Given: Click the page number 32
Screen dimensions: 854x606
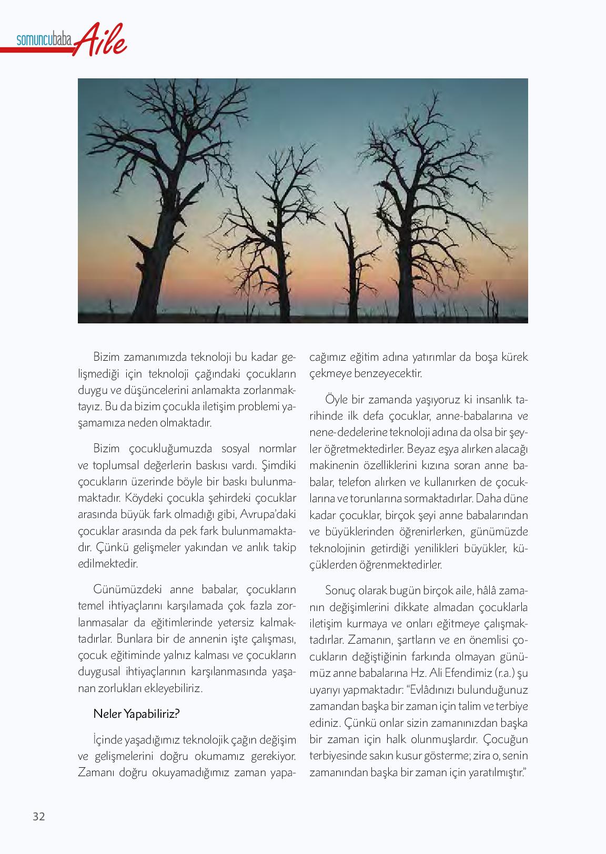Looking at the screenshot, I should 39,816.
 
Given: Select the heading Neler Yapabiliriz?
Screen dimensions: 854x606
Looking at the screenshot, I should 137,714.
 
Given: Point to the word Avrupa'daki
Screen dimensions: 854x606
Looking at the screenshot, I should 269,514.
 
